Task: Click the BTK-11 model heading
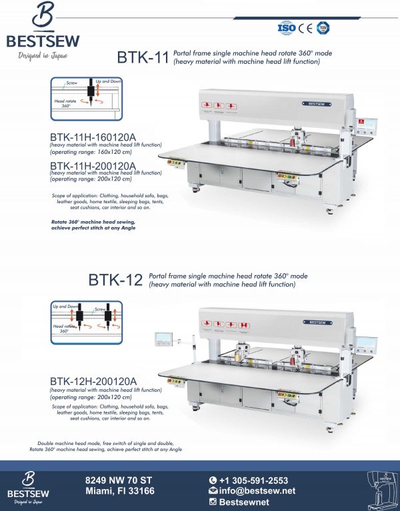(x=142, y=58)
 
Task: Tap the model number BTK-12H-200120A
(x=93, y=381)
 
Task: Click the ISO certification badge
(x=285, y=28)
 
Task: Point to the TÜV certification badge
(x=323, y=28)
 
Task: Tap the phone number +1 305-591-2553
(x=253, y=480)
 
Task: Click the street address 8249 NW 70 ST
(x=119, y=480)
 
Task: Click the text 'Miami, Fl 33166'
(x=120, y=491)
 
